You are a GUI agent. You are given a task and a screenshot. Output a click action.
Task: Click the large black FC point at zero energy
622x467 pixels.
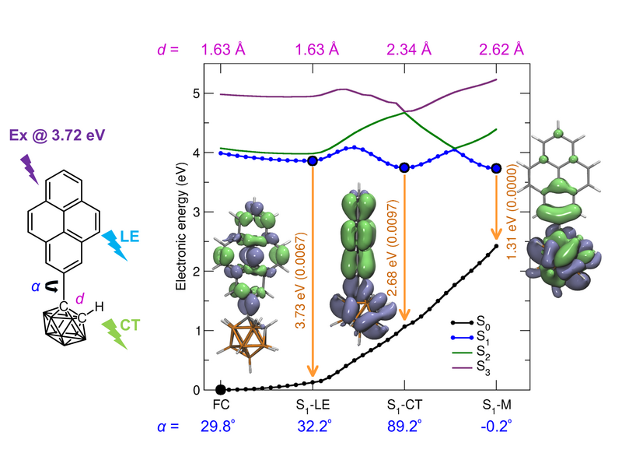[221, 389]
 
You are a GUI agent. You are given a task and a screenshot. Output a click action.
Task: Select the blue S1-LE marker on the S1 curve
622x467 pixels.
[313, 160]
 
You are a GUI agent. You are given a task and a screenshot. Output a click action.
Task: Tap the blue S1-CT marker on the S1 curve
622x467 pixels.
[404, 167]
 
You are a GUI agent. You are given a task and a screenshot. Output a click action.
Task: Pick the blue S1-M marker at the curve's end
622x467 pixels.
[496, 168]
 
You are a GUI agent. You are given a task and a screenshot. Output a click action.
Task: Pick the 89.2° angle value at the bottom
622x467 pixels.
[404, 426]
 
